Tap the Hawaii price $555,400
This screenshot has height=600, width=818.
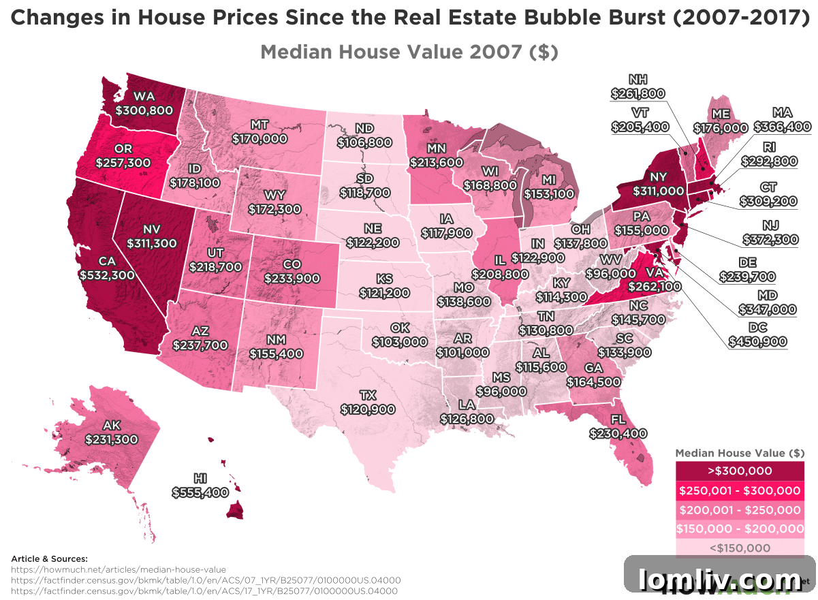pos(200,492)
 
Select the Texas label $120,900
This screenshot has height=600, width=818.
pos(368,409)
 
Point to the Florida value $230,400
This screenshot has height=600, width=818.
pos(618,432)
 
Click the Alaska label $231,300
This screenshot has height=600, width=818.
pos(112,439)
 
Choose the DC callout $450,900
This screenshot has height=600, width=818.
pos(757,341)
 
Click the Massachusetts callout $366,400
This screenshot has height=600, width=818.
pos(782,126)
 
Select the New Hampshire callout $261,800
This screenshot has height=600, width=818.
pos(638,93)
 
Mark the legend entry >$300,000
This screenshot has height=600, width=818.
pos(739,471)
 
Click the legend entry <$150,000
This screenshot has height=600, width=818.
pos(739,548)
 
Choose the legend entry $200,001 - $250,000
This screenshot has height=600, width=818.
pos(739,509)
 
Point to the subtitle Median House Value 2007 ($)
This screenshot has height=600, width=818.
pos(409,52)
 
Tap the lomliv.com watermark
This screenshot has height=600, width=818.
pos(719,580)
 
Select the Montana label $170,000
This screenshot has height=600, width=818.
pos(259,138)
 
